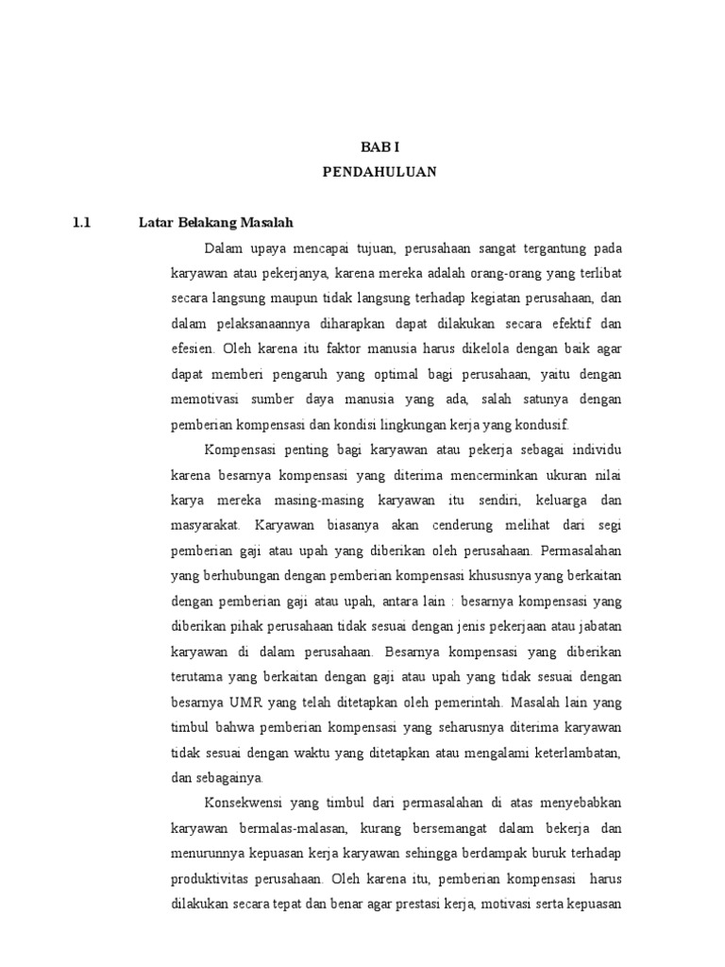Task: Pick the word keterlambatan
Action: coord(578,752)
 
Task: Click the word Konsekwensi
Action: coord(242,803)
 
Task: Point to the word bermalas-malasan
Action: coord(297,827)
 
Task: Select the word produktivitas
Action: coord(211,878)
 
